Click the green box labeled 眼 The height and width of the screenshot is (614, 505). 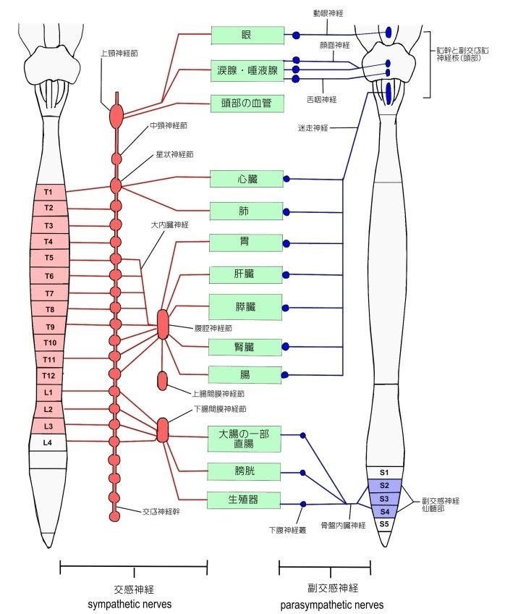pos(246,35)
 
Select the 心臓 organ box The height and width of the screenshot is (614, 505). pos(246,178)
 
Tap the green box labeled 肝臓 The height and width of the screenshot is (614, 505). pos(246,274)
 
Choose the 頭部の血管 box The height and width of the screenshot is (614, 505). pos(246,103)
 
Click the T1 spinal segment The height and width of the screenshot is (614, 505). pos(48,192)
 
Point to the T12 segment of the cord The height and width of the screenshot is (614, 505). pos(48,376)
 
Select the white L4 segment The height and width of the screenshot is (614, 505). pos(48,442)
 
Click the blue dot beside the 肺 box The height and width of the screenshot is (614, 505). pos(287,212)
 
